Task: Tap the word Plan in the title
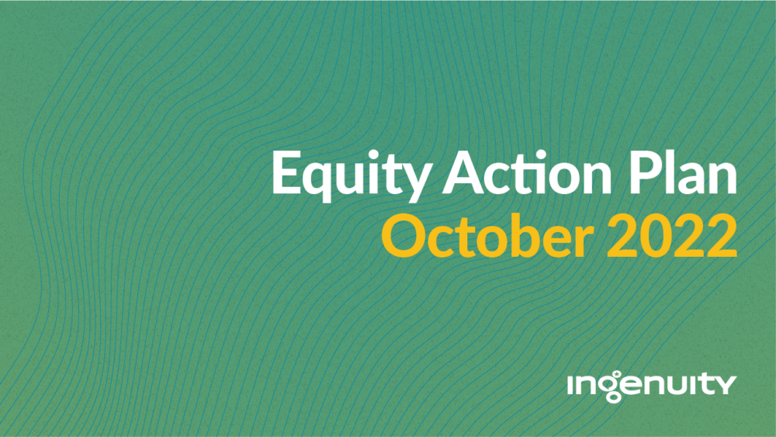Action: pyautogui.click(x=683, y=172)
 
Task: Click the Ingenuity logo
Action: pyautogui.click(x=652, y=386)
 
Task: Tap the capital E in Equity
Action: pyautogui.click(x=287, y=172)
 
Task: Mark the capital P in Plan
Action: pyautogui.click(x=646, y=172)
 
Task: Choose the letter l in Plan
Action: pyautogui.click(x=672, y=172)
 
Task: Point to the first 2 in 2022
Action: pyautogui.click(x=622, y=235)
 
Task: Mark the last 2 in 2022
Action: pyautogui.click(x=722, y=235)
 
